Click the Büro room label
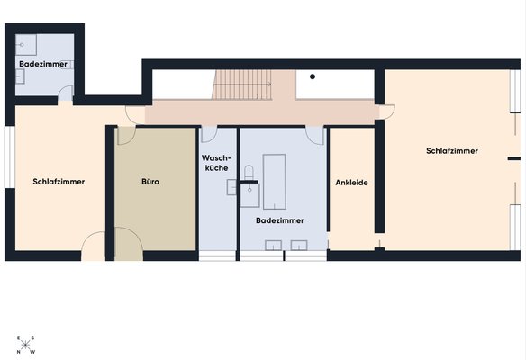click(x=150, y=182)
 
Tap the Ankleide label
click(x=351, y=183)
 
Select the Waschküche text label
click(x=217, y=163)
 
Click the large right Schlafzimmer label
click(x=452, y=151)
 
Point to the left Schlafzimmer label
click(x=59, y=182)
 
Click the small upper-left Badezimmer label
click(x=43, y=64)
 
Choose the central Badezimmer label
click(x=280, y=220)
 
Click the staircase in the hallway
click(x=242, y=85)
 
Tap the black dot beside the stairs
click(x=313, y=76)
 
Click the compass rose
click(x=25, y=345)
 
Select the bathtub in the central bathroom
click(x=275, y=182)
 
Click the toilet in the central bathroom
click(x=249, y=173)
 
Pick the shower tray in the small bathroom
click(x=26, y=45)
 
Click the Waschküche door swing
click(x=209, y=135)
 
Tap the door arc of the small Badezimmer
click(x=66, y=93)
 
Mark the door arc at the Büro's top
click(x=126, y=136)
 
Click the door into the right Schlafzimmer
click(x=385, y=112)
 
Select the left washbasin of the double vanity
click(x=273, y=246)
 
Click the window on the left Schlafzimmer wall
click(x=9, y=157)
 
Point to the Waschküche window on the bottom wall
click(x=217, y=256)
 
